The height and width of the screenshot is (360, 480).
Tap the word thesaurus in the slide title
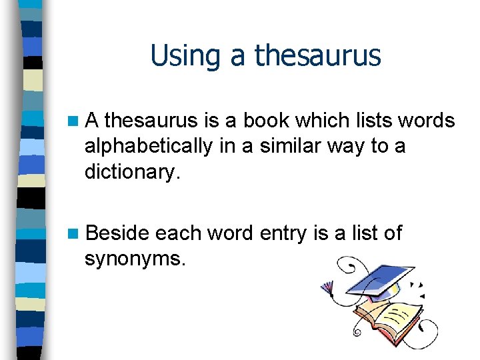318,55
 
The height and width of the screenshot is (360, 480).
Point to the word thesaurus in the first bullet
151,121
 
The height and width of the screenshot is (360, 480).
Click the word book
270,121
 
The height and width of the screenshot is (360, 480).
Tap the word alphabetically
149,145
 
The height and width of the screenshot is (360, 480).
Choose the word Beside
117,233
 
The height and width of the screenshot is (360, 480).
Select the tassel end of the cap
327,288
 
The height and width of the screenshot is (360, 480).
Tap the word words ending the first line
422,121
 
